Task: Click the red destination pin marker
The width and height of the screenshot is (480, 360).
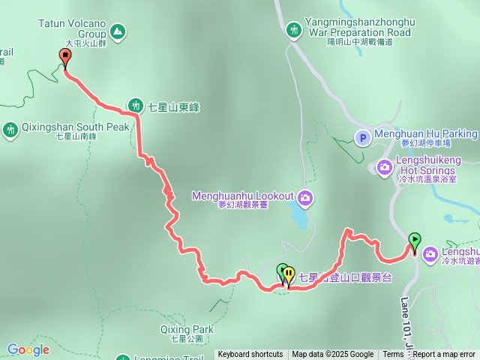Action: tap(65, 58)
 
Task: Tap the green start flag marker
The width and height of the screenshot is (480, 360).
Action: tap(414, 241)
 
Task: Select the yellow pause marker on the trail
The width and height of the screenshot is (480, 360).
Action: tap(289, 274)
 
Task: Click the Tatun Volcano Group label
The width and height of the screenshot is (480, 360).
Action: tap(72, 29)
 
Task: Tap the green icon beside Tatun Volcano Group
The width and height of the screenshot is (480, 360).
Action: tap(117, 31)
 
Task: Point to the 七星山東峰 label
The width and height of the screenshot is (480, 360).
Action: tap(172, 106)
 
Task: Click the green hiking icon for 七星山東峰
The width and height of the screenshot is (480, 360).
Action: tap(135, 105)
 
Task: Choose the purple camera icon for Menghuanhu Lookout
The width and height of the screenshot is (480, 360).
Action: tap(305, 198)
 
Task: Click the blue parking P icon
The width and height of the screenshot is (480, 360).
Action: tap(362, 137)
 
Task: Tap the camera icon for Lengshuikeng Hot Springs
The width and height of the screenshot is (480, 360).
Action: tap(385, 166)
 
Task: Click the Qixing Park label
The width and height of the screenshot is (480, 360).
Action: tap(187, 332)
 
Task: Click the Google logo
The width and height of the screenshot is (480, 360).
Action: tap(28, 349)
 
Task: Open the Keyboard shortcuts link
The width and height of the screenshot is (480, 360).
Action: tap(250, 355)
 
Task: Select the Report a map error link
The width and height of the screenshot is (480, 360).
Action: tap(444, 355)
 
